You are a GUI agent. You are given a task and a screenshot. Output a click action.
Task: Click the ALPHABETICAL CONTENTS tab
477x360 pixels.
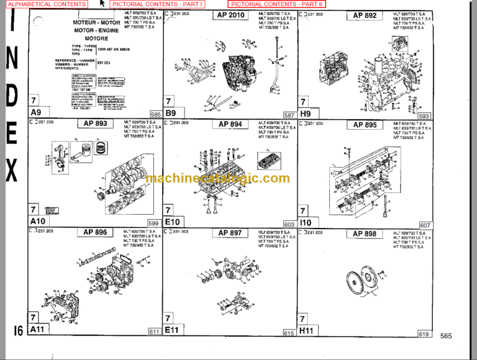47,4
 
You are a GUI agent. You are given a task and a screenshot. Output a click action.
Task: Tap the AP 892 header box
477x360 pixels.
365,16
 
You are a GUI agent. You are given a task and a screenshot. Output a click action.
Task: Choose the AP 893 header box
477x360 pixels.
96,124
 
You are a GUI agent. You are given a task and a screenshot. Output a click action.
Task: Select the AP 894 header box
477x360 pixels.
231,124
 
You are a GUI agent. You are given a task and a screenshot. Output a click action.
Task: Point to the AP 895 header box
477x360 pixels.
365,124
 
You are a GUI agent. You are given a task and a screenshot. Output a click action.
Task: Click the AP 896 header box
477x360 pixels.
96,233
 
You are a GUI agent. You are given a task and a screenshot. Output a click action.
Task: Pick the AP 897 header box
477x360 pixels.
231,233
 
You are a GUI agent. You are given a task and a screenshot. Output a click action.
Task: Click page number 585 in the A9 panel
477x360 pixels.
155,115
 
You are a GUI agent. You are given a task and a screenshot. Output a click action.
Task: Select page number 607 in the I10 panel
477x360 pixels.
425,225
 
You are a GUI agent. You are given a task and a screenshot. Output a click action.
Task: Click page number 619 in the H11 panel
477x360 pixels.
424,333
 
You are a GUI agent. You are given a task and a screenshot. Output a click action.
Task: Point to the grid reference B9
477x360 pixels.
171,113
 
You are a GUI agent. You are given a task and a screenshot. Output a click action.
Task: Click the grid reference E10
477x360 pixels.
172,222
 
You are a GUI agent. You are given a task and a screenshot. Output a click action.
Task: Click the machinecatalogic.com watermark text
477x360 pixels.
218,179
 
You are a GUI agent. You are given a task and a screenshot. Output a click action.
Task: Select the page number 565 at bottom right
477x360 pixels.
446,336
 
